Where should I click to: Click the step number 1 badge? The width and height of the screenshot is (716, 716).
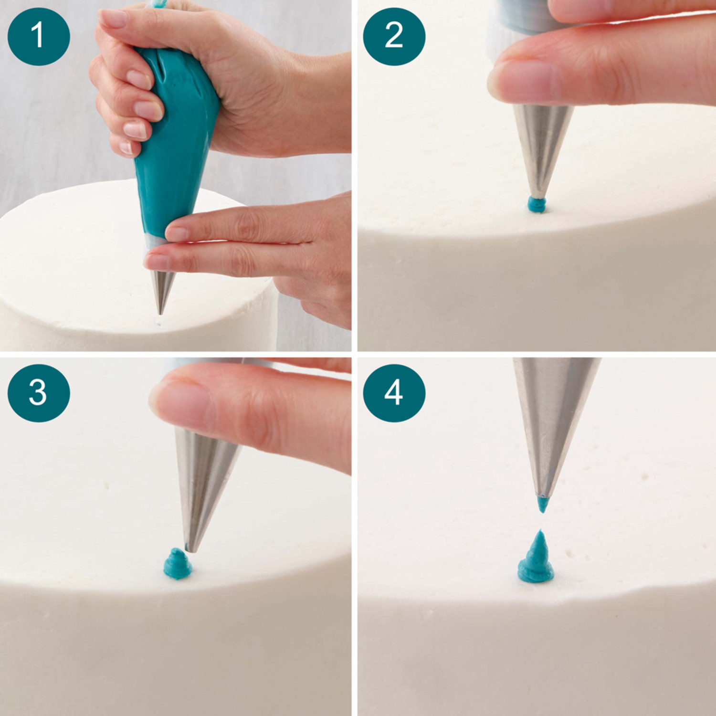point(39,36)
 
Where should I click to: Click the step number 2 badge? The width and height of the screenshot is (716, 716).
point(394,36)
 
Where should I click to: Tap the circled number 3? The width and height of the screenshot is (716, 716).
point(39,393)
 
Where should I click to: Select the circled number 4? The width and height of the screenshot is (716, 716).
point(394,393)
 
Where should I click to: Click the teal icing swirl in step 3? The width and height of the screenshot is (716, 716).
point(178,564)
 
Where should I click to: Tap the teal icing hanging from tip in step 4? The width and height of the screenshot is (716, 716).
point(542,504)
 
